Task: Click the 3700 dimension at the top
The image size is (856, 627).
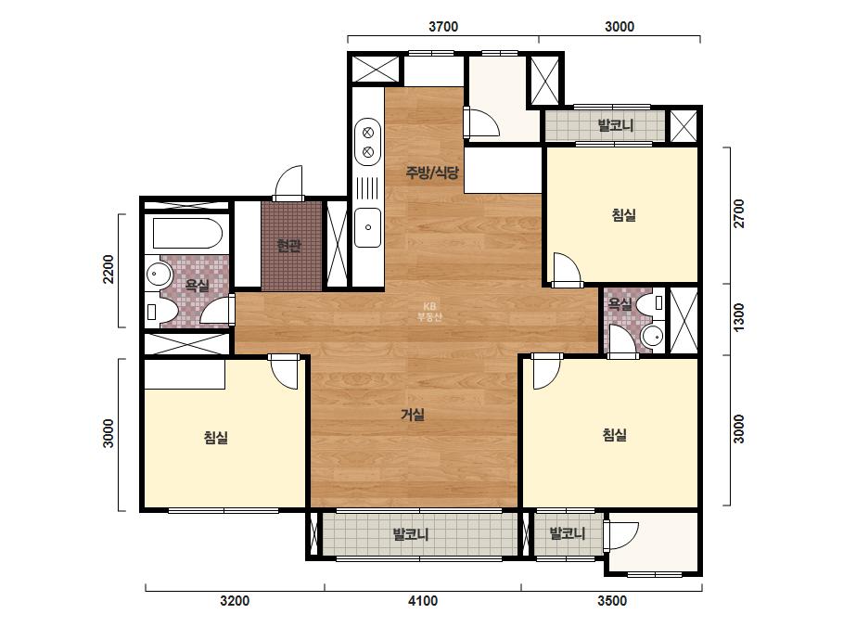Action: [442, 26]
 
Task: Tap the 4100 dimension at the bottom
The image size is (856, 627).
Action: [423, 601]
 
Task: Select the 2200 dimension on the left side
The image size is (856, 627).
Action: [109, 269]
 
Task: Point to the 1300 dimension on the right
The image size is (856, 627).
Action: [738, 317]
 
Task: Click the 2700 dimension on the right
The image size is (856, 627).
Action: [738, 213]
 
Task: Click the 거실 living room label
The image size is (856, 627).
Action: [413, 415]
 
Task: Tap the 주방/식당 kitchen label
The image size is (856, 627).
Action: [432, 173]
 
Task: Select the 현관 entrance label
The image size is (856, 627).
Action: [288, 246]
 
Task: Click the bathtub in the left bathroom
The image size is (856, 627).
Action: [187, 234]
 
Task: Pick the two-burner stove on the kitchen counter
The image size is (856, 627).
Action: [367, 142]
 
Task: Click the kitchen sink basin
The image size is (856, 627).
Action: [367, 227]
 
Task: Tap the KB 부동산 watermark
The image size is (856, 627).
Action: [429, 312]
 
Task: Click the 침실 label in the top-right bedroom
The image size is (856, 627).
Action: [623, 214]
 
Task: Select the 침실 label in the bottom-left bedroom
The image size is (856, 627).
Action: [216, 437]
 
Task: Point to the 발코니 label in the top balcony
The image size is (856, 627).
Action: [616, 125]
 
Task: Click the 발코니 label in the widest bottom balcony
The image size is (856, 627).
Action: [411, 533]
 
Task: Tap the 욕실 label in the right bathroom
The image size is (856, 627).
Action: [620, 304]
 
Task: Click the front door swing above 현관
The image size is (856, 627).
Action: [287, 183]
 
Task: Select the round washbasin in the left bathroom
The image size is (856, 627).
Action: [159, 273]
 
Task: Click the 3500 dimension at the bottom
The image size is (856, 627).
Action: [612, 601]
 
